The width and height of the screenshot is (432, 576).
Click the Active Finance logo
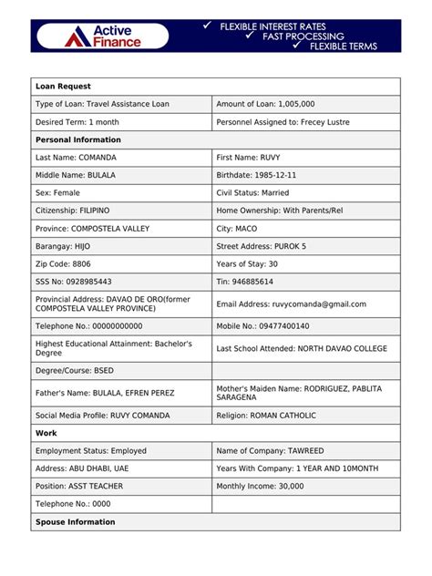(102, 36)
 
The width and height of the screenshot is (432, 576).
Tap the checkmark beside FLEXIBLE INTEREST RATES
(208, 27)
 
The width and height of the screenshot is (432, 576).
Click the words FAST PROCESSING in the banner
(303, 36)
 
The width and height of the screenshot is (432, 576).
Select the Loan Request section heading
(61, 87)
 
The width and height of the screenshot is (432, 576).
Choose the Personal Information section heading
(77, 139)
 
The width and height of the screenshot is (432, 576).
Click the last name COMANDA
(96, 158)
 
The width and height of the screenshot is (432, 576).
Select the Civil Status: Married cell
(252, 193)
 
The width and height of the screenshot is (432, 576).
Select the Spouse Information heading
(75, 522)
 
